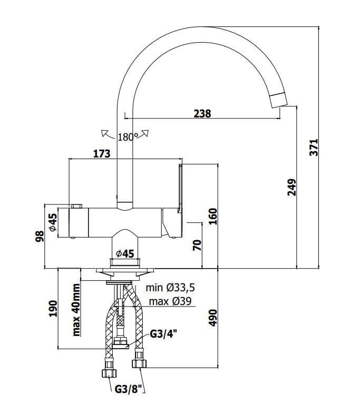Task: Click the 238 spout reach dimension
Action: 202,114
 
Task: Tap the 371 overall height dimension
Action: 314,147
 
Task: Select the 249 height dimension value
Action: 292,187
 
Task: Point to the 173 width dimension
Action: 102,153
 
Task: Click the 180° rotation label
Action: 128,137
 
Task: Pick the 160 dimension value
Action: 213,216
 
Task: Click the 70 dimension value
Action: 197,245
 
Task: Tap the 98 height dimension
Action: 40,236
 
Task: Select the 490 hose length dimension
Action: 213,318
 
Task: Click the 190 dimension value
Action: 53,308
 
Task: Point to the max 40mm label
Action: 76,310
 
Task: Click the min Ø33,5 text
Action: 170,288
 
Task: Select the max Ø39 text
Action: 170,301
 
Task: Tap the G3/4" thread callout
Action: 163,334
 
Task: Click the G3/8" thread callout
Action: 129,389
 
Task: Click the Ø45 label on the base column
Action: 125,254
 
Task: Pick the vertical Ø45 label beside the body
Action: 53,222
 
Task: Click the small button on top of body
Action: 76,206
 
